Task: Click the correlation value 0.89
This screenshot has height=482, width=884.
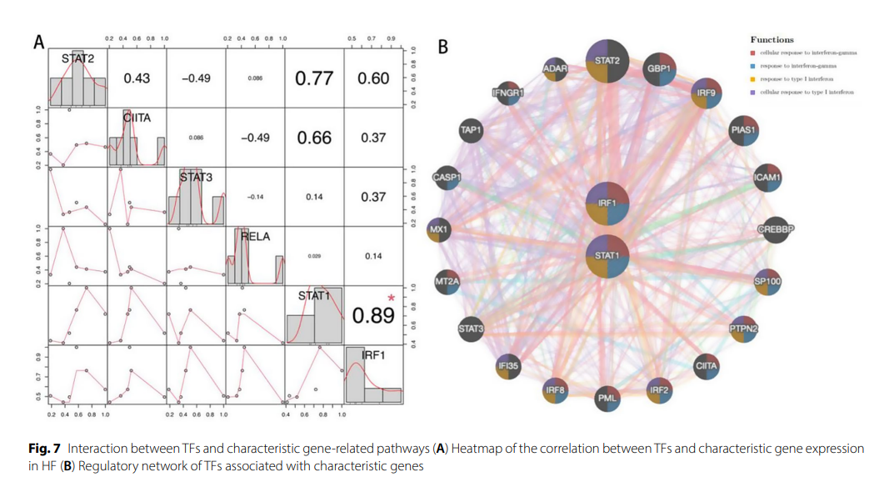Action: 372,315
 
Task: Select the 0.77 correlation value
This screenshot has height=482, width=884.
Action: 314,78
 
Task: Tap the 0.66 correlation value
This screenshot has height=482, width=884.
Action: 314,138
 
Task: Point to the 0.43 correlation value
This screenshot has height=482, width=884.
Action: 137,78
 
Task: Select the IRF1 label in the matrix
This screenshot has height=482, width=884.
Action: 373,355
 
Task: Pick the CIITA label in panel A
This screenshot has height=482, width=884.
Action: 137,118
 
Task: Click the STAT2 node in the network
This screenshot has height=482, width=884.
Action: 607,60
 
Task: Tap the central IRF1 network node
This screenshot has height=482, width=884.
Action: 607,203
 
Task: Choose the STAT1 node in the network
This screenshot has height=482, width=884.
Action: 607,255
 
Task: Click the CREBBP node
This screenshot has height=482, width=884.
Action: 774,229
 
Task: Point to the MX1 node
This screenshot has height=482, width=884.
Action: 439,229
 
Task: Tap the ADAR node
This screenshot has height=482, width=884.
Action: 555,68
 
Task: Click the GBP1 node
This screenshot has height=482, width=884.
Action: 661,68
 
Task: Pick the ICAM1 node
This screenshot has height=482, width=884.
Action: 766,178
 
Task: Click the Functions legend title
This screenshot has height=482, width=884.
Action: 772,39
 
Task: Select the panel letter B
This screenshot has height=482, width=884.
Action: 443,47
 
